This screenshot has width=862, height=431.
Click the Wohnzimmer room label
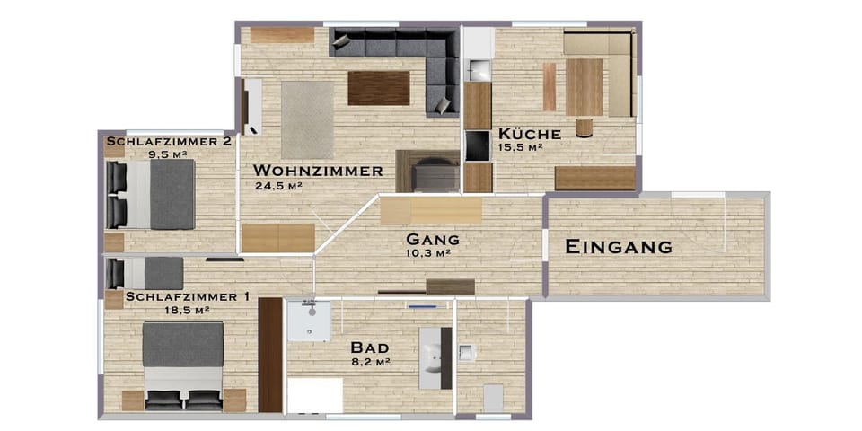click(x=318, y=171)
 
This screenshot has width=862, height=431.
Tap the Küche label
click(x=529, y=134)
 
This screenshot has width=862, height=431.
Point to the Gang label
click(x=433, y=240)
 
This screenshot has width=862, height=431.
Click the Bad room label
click(x=369, y=347)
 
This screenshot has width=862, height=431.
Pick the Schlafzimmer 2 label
click(x=169, y=142)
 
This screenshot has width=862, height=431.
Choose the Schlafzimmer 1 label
click(x=188, y=296)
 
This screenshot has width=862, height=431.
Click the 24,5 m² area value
click(x=278, y=186)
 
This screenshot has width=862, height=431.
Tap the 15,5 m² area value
click(x=522, y=146)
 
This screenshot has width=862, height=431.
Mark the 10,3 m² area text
click(x=427, y=253)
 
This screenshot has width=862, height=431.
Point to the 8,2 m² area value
click(x=369, y=361)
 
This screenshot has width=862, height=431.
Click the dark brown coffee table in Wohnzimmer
click(x=379, y=88)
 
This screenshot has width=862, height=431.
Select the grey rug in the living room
click(x=307, y=119)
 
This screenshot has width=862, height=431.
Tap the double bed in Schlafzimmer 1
click(x=182, y=364)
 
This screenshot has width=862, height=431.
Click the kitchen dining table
click(x=584, y=87)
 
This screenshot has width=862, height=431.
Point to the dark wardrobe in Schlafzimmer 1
click(x=269, y=355)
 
